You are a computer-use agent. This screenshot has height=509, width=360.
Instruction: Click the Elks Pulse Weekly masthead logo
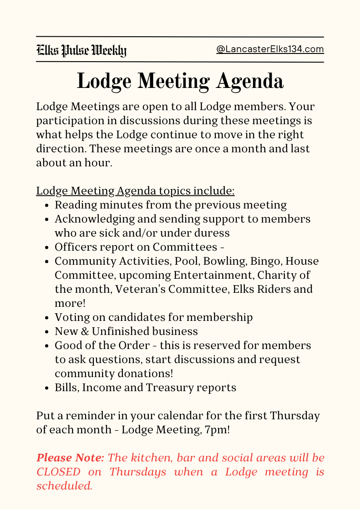pyautogui.click(x=81, y=50)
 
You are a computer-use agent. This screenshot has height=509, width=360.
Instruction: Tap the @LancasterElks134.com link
pyautogui.click(x=270, y=49)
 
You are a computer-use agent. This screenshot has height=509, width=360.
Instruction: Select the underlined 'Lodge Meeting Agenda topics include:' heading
pyautogui.click(x=135, y=191)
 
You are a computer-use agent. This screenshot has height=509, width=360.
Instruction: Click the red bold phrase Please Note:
pyautogui.click(x=70, y=458)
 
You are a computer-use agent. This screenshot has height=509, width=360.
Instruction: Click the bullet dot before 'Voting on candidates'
pyautogui.click(x=48, y=318)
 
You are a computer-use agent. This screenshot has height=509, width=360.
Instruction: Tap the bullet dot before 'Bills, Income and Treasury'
pyautogui.click(x=48, y=388)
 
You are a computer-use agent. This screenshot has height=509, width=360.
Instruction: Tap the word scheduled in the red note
pyautogui.click(x=64, y=486)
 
